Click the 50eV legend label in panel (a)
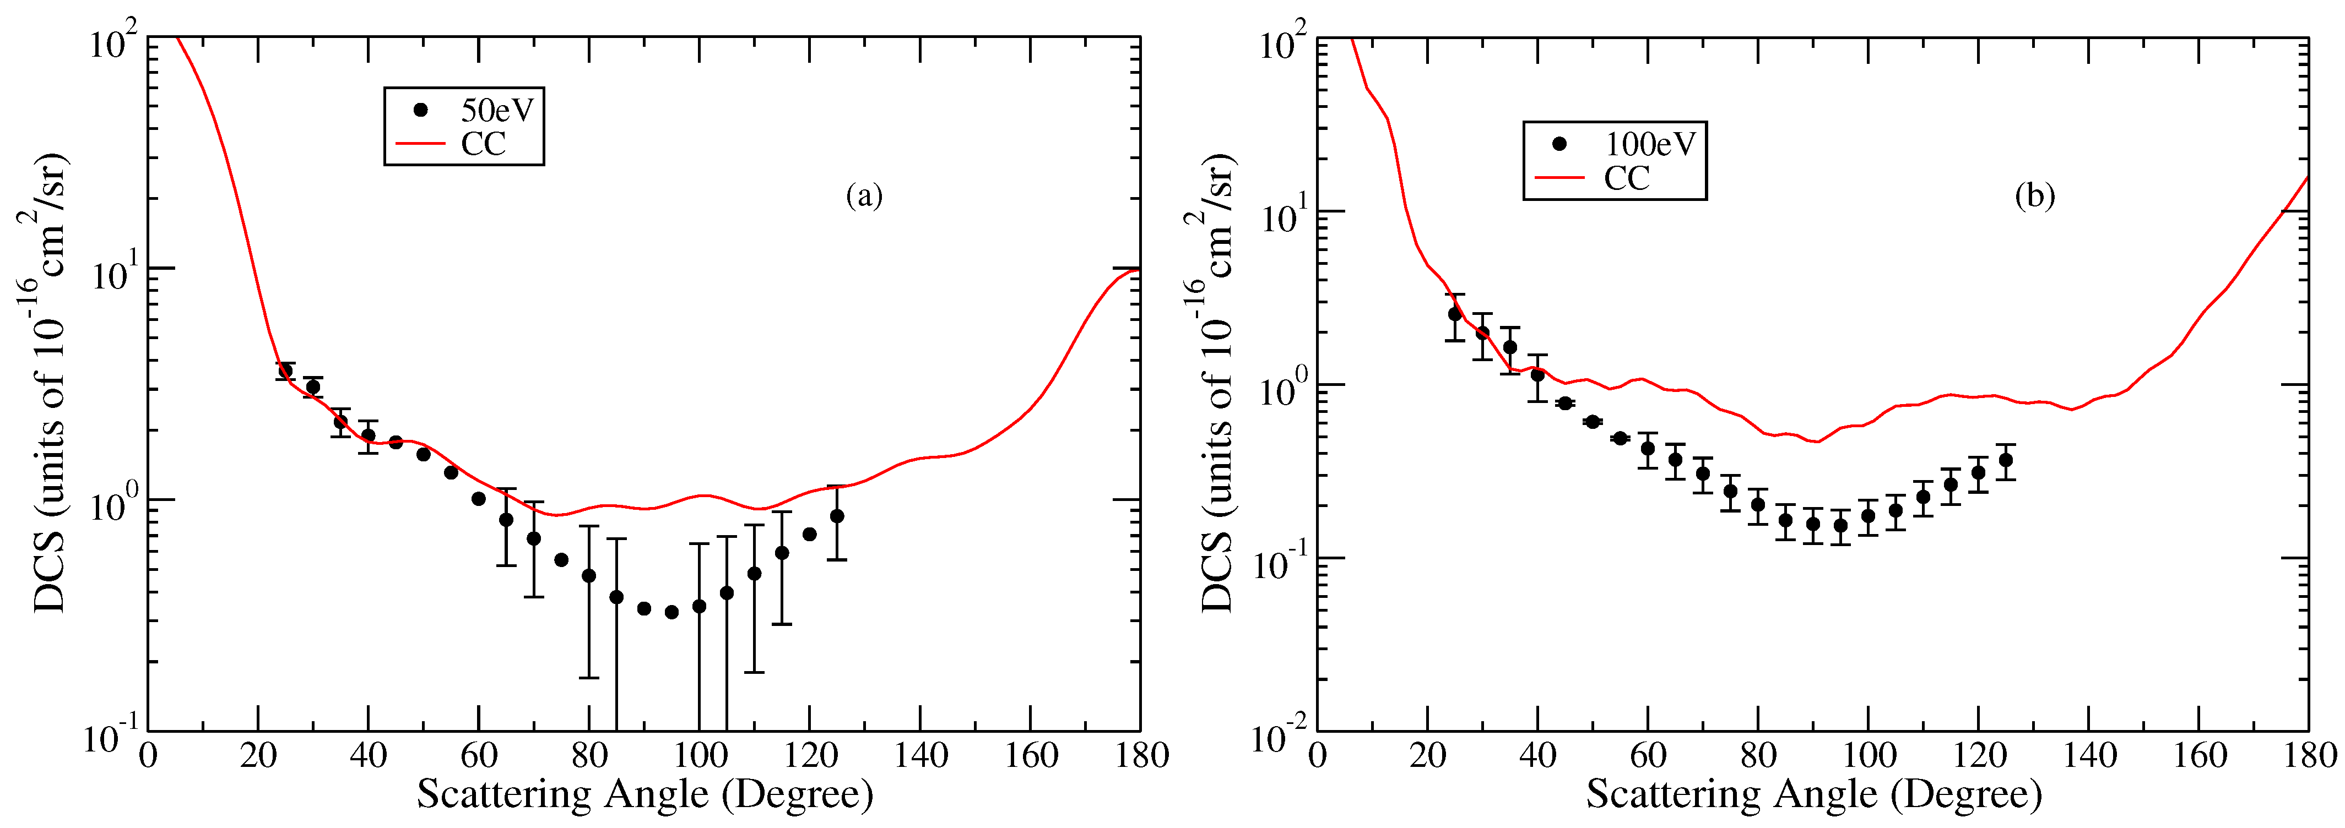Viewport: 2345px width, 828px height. click(496, 110)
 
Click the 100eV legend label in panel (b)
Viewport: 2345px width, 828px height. click(1649, 144)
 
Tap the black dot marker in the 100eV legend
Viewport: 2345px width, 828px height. click(1559, 144)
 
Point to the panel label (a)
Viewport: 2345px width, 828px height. click(864, 195)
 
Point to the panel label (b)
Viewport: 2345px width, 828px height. click(2034, 195)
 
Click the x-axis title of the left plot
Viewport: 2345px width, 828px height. click(645, 794)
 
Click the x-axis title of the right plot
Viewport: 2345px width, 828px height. click(1813, 794)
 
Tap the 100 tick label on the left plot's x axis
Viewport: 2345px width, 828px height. click(699, 755)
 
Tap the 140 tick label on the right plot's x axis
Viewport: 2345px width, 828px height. click(2089, 755)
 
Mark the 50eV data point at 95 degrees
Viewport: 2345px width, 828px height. click(672, 612)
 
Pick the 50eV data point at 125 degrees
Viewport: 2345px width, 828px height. click(837, 516)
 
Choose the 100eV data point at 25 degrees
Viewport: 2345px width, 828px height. click(1455, 314)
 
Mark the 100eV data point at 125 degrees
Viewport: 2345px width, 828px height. click(2006, 460)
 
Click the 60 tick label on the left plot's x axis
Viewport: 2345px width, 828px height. click(479, 755)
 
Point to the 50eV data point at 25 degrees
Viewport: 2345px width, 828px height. click(285, 371)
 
